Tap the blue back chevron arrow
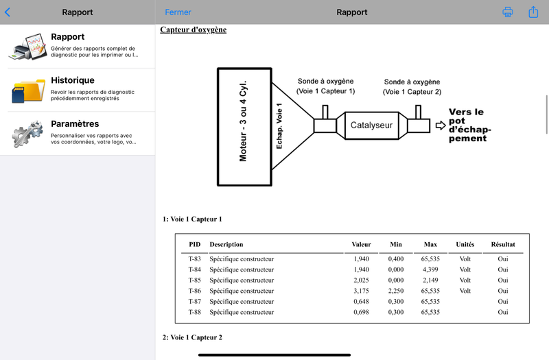8,12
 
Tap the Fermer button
178,12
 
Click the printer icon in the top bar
508,12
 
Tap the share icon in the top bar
533,12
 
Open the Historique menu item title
73,80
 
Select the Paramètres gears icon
27,133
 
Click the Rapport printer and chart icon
28,47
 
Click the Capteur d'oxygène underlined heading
194,29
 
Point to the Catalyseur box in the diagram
371,125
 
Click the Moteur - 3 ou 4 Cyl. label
243,121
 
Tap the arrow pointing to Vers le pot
441,125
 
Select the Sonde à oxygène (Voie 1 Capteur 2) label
412,87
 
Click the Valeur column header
362,244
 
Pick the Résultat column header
503,244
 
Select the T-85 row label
195,280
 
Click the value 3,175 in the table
362,291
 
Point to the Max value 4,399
430,269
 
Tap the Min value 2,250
396,291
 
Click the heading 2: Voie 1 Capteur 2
192,337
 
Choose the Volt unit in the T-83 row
465,259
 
